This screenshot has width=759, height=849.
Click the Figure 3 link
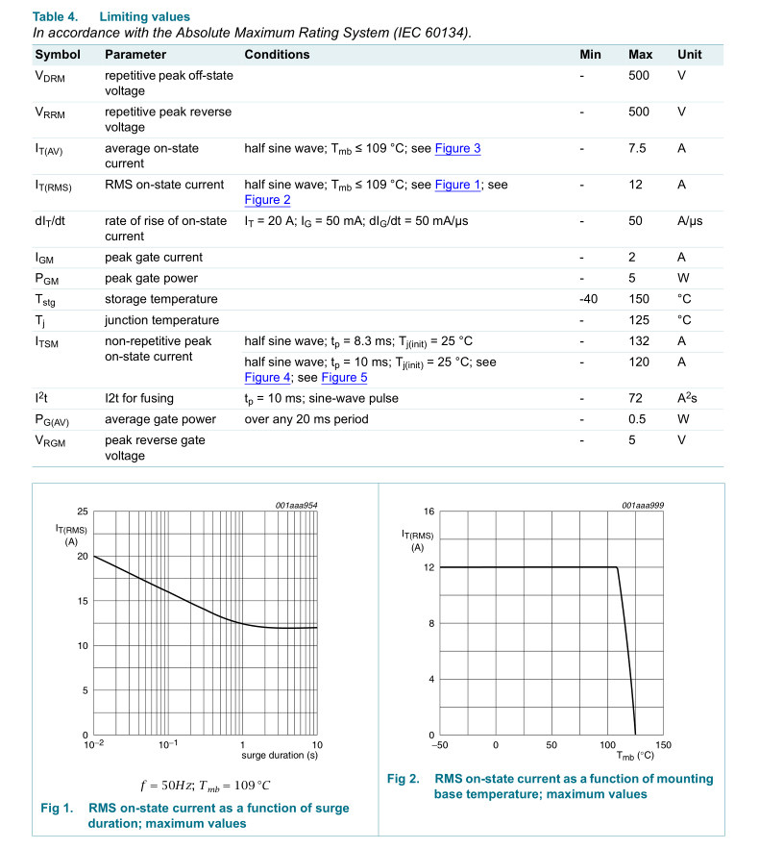(x=457, y=148)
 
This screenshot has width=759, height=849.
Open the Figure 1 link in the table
(x=457, y=185)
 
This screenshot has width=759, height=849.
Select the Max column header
(x=640, y=55)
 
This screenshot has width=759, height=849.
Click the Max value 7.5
(x=637, y=148)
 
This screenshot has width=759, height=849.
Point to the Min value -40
(x=589, y=299)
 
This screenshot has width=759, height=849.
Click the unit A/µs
(x=690, y=220)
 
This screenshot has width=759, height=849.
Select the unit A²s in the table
(x=688, y=398)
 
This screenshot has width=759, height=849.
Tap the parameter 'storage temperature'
(x=161, y=299)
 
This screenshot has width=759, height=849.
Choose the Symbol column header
(x=59, y=55)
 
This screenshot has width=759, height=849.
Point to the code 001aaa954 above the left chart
(x=297, y=505)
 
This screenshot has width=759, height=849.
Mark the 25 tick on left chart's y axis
(x=83, y=512)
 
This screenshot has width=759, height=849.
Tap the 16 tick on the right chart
(x=428, y=512)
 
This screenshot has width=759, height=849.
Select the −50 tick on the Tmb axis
(x=440, y=745)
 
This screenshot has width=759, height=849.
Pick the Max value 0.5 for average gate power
(x=637, y=419)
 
